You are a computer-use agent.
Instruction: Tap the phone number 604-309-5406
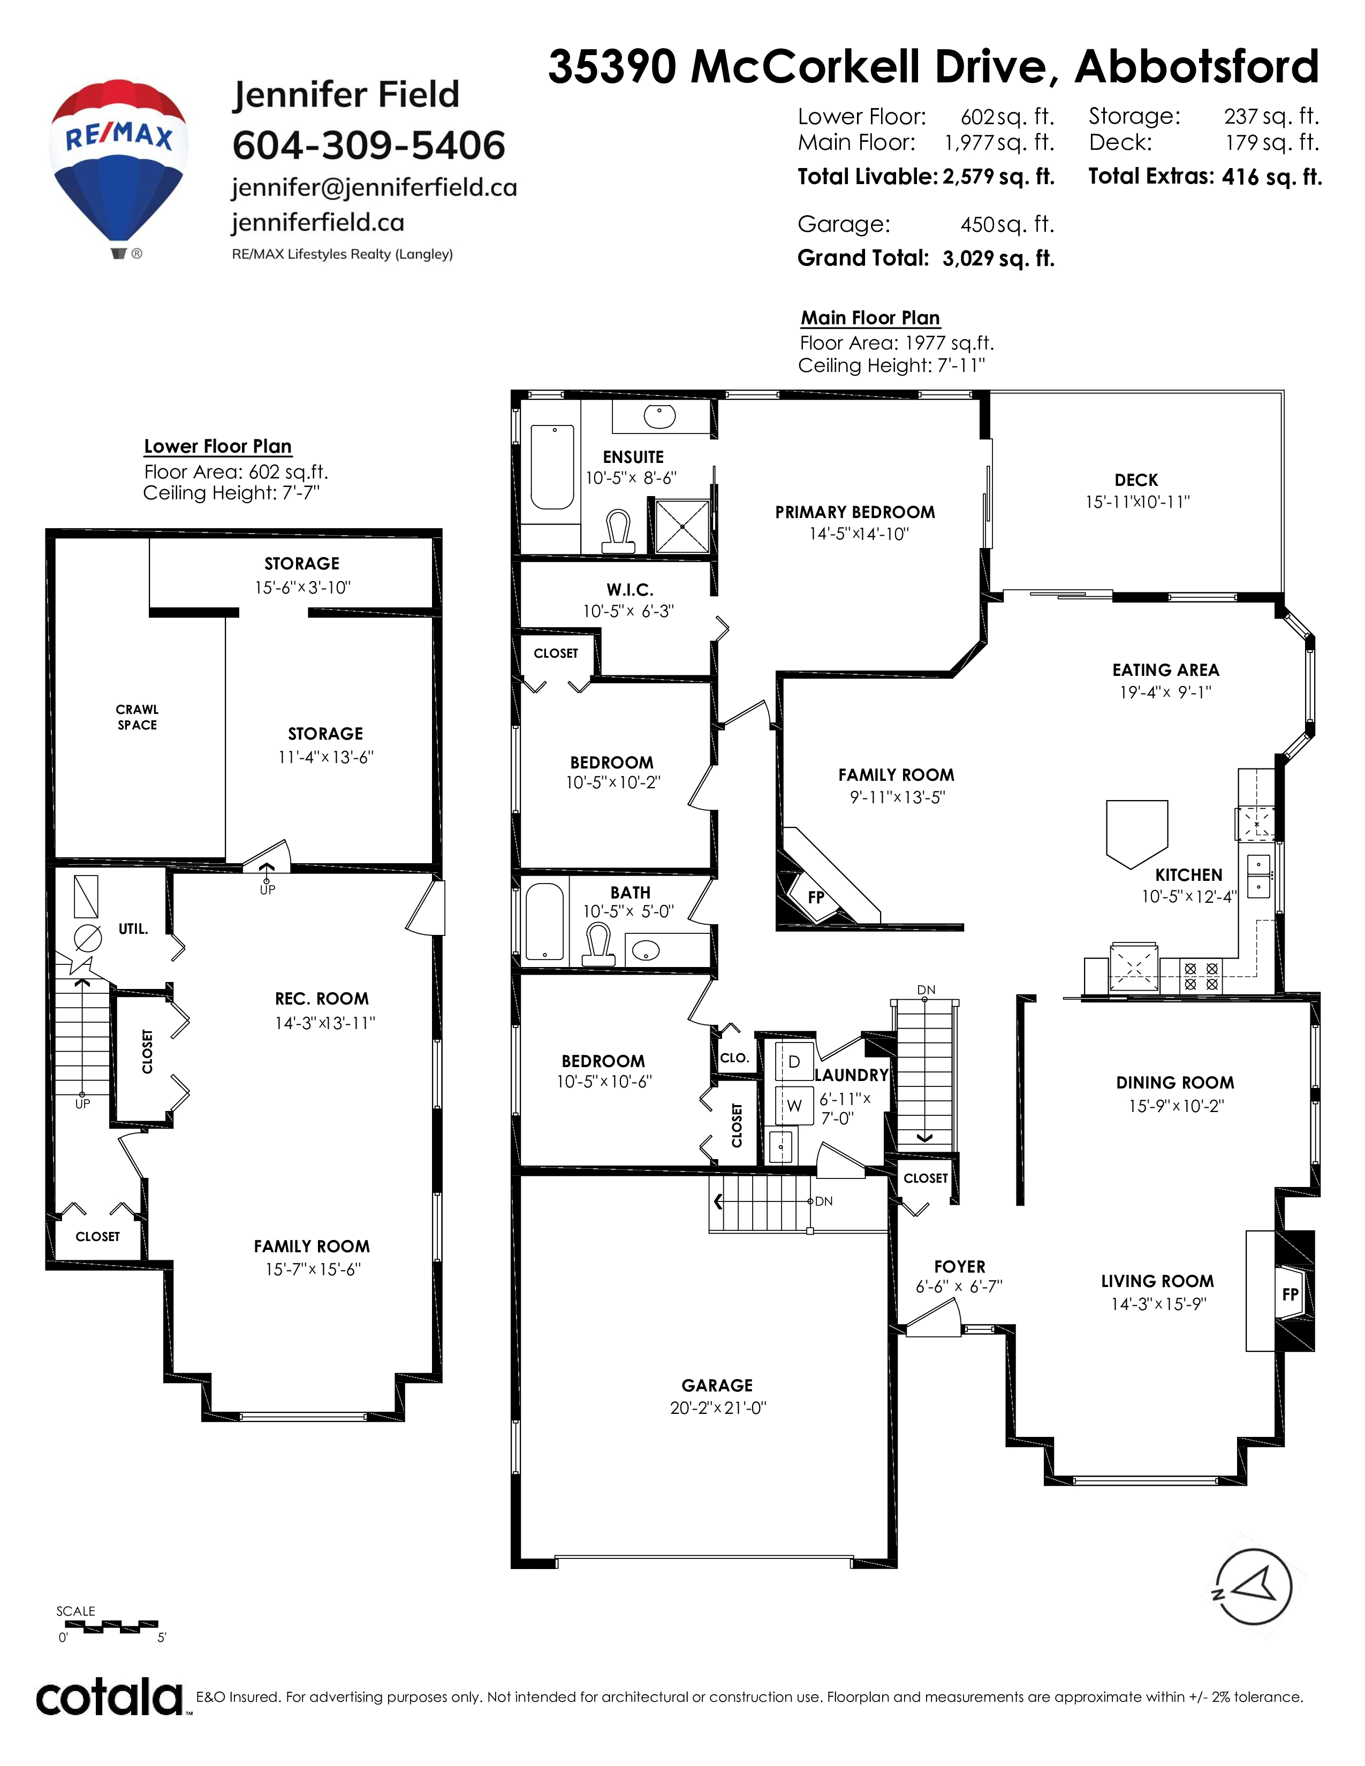369,146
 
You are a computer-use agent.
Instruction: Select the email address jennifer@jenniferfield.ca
374,188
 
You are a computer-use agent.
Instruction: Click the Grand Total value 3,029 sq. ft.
999,259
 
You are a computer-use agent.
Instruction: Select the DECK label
1135,481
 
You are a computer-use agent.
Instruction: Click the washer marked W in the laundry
793,1106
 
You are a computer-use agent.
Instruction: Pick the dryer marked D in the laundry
793,1062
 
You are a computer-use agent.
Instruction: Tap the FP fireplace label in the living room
1290,1295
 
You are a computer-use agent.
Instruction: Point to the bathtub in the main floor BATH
545,922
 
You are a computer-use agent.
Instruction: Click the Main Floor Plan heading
870,318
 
